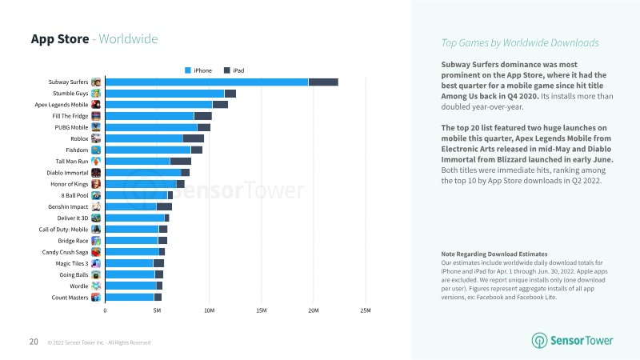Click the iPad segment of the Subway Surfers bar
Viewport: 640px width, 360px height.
323,82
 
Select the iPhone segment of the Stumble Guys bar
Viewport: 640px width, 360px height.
164,94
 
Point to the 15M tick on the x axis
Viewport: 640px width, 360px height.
261,310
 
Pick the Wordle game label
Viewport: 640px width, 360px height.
78,286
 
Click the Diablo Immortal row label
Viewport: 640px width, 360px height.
66,172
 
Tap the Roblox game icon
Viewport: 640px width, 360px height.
96,138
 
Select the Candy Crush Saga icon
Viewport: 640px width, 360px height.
96,252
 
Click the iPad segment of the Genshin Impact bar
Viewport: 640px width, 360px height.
164,206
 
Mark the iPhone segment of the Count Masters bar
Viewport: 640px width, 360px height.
129,297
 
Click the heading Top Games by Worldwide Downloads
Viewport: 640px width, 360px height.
520,42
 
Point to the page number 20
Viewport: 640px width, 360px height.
34,342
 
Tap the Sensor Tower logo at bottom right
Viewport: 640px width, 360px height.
573,341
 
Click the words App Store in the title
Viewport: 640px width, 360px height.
59,39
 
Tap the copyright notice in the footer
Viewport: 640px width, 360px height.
99,342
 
